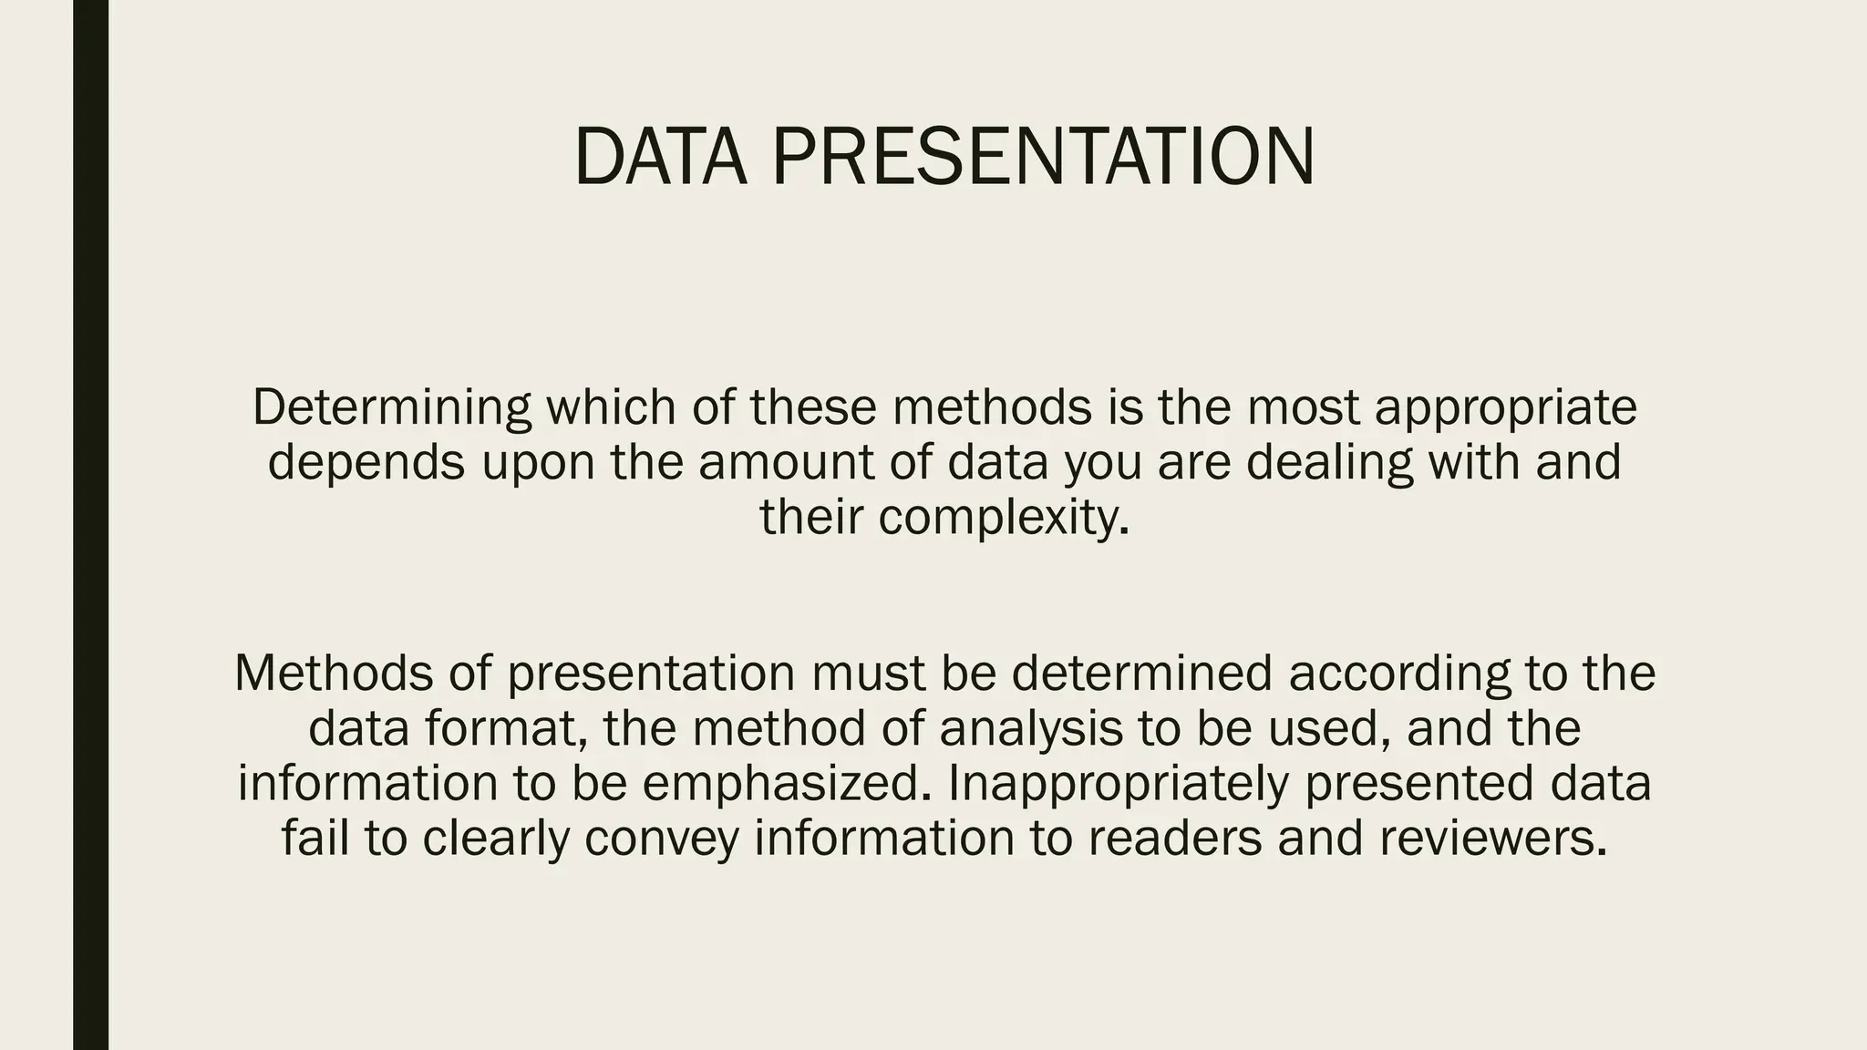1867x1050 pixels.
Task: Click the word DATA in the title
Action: click(660, 157)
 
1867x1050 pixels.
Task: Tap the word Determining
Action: click(392, 407)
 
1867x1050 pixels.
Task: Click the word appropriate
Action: click(1506, 407)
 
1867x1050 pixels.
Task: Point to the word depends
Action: click(366, 462)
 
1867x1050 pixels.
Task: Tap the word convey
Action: click(662, 839)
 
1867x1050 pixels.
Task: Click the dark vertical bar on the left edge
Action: click(90, 525)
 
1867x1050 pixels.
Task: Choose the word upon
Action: click(537, 462)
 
